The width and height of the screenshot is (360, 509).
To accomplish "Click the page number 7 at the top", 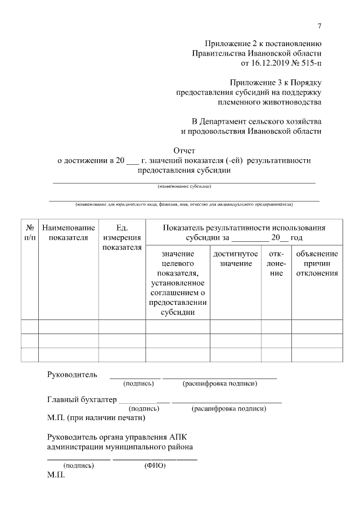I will (319, 25).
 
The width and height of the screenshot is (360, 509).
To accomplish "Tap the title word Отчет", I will (184, 151).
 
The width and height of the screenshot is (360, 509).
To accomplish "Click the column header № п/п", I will (29, 232).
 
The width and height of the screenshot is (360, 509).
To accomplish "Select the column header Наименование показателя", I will (68, 232).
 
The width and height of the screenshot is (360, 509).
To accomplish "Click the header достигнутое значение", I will (236, 259).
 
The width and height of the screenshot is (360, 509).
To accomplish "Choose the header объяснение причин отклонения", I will (317, 264).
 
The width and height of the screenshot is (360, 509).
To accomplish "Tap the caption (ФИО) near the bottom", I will (154, 466).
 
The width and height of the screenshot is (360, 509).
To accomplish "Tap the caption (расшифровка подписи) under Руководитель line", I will (220, 384).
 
